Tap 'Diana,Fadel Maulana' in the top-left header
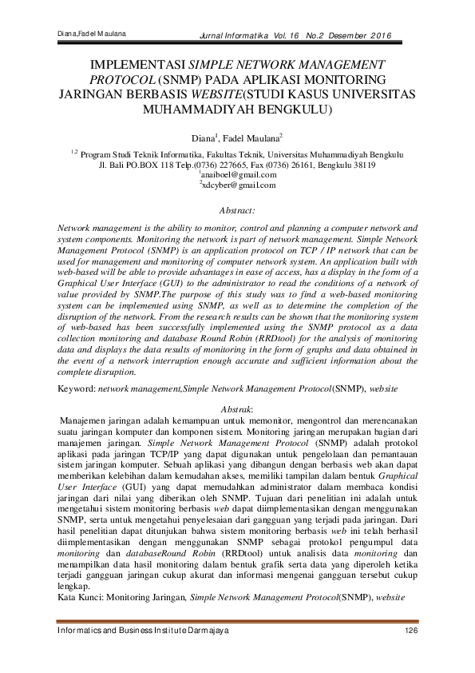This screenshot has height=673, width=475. (93, 34)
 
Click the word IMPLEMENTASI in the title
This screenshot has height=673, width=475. (136, 64)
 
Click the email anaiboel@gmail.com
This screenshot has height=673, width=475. (239, 174)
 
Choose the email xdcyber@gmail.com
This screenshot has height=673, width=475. (239, 185)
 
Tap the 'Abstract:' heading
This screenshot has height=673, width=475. (237, 211)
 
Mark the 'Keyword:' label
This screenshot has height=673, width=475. (76, 387)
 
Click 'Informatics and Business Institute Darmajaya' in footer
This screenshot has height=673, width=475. (144, 631)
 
